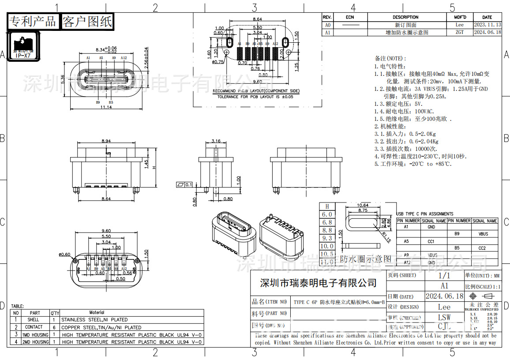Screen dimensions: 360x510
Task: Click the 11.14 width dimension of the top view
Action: tap(105, 107)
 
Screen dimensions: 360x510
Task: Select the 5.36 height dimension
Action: tap(63, 79)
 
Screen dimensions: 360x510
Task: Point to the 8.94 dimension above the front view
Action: tap(106, 141)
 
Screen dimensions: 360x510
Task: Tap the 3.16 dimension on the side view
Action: tap(216, 141)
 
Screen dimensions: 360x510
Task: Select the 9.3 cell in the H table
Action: tap(327, 238)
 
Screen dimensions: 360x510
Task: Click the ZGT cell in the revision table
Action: tap(459, 32)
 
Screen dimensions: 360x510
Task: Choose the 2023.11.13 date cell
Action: tap(487, 25)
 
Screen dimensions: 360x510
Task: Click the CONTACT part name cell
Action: tap(34, 327)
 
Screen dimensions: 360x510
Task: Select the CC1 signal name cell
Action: tap(431, 241)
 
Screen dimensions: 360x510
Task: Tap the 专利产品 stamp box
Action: tap(33, 21)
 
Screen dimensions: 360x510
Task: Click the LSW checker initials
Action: tap(444, 317)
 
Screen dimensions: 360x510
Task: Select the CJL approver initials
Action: tap(444, 326)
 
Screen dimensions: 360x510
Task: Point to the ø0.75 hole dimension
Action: tap(218, 62)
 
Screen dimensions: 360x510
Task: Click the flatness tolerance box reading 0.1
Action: tap(185, 184)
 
